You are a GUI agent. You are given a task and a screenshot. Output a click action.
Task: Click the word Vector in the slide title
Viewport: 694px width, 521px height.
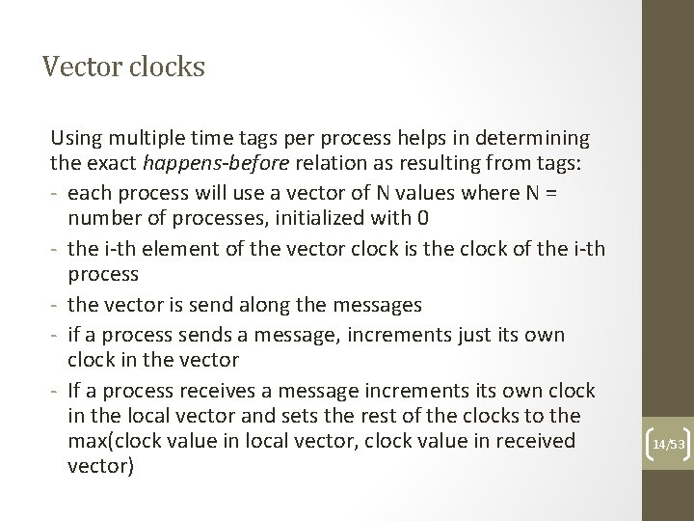(x=76, y=68)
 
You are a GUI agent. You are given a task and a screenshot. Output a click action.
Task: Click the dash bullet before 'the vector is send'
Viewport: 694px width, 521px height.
(x=57, y=305)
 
